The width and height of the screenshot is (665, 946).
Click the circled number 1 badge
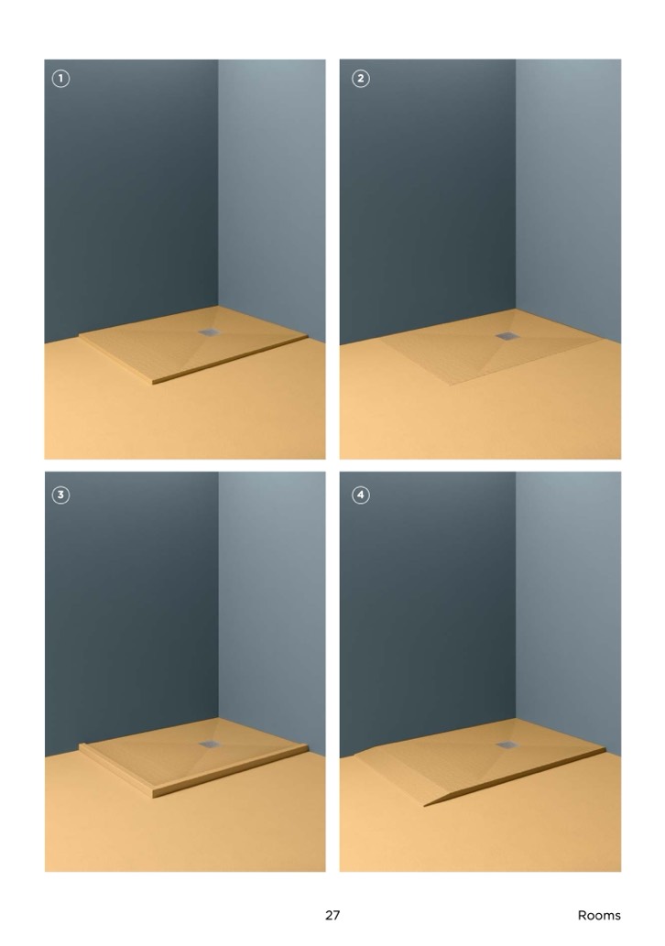click(x=60, y=79)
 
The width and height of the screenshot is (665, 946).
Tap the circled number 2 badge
click(x=360, y=79)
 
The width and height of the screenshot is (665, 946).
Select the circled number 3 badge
click(x=60, y=495)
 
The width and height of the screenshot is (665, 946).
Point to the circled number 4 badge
click(x=360, y=495)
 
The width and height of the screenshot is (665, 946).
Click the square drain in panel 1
click(x=210, y=332)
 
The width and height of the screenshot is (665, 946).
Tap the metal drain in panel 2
click(x=506, y=336)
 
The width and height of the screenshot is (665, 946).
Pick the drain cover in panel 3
click(x=210, y=744)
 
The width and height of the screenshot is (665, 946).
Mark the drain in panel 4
click(x=506, y=745)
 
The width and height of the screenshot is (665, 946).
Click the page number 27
click(x=332, y=915)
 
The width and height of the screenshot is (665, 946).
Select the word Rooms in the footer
click(x=599, y=915)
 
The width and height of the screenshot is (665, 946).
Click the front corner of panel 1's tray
click(x=154, y=383)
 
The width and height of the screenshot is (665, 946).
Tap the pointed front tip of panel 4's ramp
click(x=425, y=805)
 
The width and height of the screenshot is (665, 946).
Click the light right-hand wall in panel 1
click(x=271, y=193)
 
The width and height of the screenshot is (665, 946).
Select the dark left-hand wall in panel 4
click(x=427, y=609)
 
